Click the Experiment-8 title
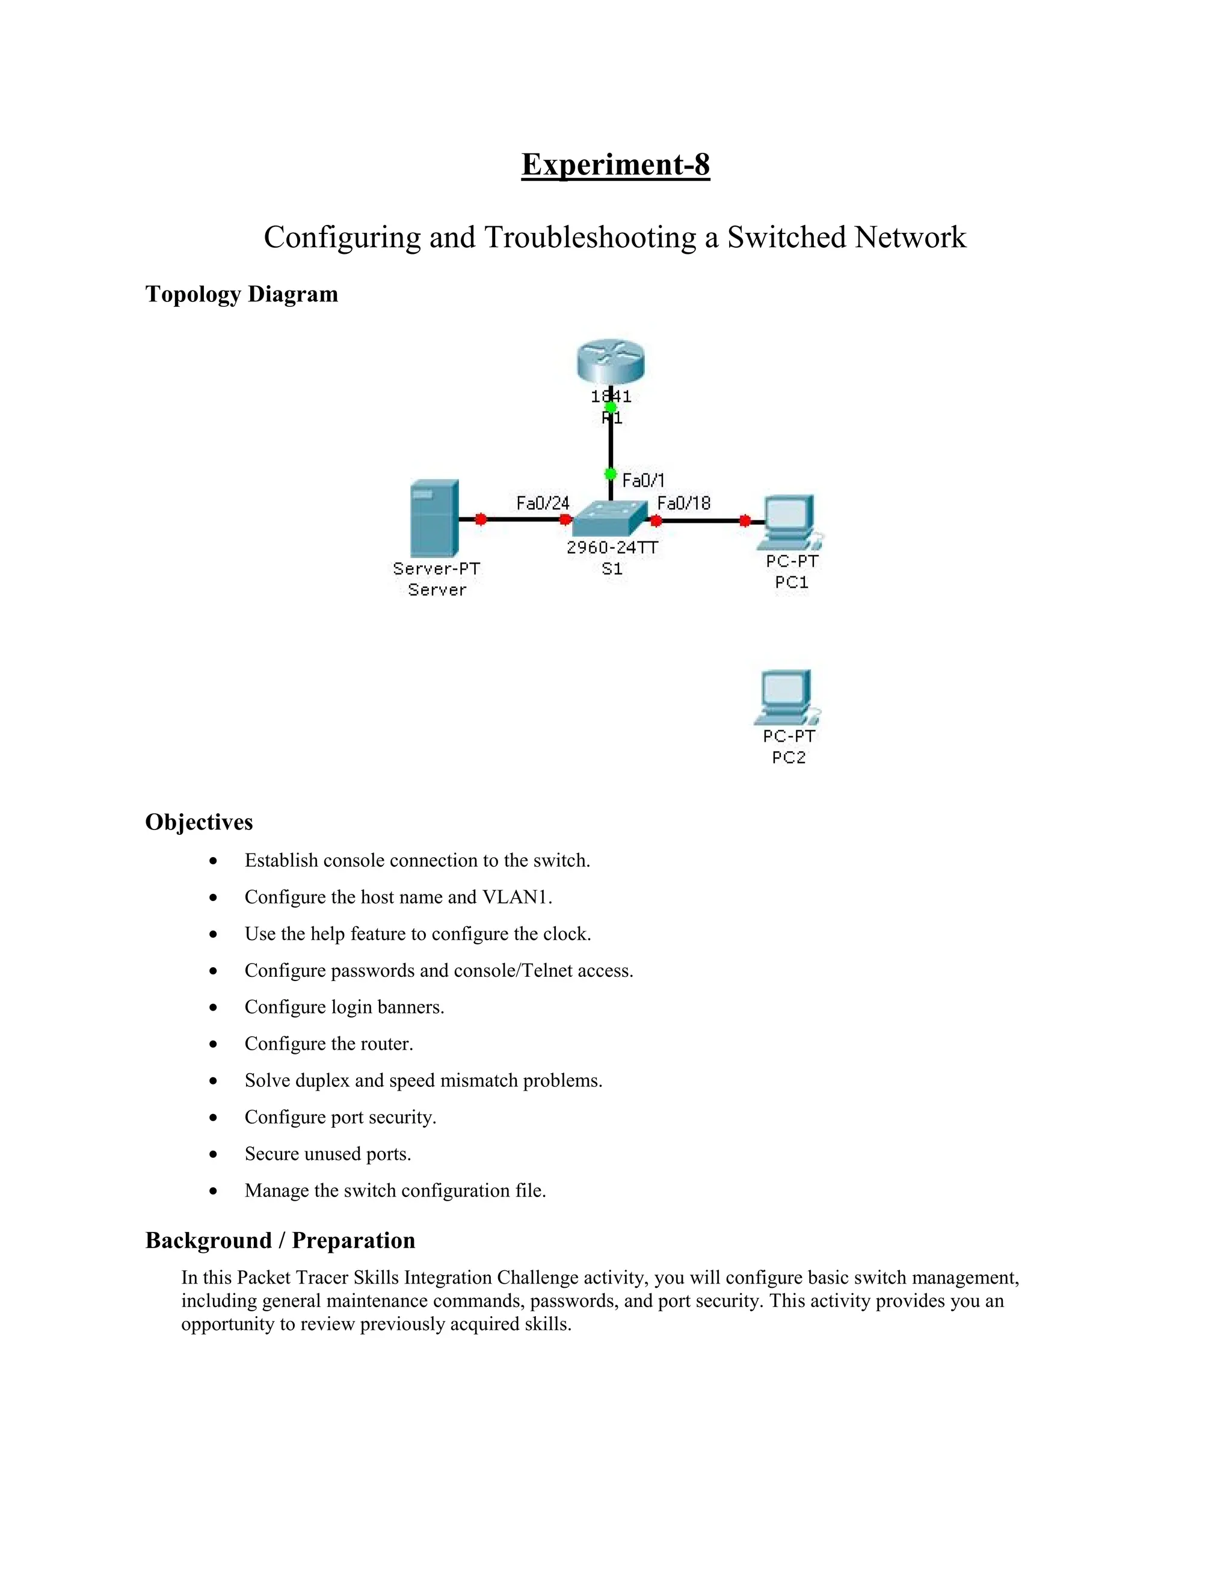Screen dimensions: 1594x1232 (615, 164)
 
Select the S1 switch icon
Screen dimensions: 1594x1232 (609, 520)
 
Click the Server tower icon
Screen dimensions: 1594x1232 (434, 518)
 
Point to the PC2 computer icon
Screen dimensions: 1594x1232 (787, 697)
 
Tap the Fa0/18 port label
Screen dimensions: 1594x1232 (683, 503)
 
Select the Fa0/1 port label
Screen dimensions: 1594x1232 (643, 480)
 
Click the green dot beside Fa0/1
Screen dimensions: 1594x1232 (611, 475)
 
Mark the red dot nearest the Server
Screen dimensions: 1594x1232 (480, 519)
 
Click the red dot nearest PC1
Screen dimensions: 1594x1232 (745, 520)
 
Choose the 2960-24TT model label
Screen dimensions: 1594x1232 (612, 547)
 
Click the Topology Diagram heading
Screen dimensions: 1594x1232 (242, 294)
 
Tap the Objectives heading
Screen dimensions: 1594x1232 (199, 822)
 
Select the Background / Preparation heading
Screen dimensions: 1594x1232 (280, 1240)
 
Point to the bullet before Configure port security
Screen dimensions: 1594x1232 (213, 1118)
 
